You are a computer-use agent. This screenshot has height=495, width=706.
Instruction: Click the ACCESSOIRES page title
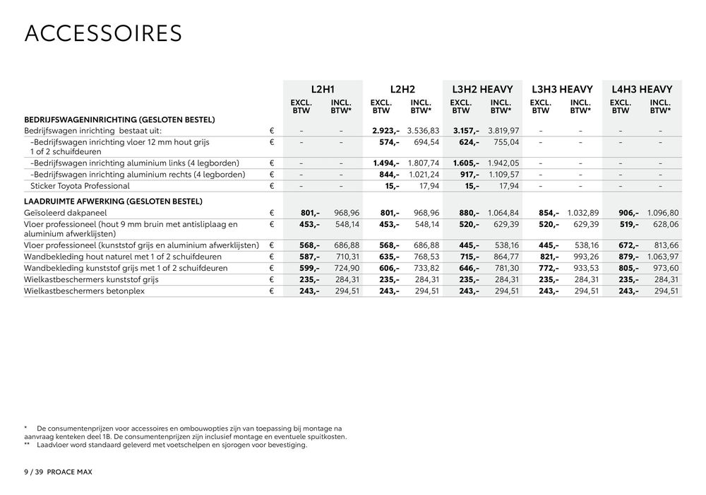[103, 33]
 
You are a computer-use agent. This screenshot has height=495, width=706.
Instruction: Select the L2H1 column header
[323, 90]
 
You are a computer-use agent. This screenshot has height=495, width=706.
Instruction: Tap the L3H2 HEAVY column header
[481, 90]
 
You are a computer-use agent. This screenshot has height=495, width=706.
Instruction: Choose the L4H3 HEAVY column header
[642, 90]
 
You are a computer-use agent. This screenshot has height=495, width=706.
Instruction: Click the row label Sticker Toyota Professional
[80, 186]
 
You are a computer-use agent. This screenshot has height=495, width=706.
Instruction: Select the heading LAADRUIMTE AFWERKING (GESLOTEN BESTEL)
[114, 202]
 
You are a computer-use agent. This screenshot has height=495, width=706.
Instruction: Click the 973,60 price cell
[665, 268]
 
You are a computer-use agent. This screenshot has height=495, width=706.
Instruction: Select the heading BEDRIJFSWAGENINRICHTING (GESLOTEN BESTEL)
[119, 120]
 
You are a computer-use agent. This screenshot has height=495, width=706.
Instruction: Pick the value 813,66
[665, 245]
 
